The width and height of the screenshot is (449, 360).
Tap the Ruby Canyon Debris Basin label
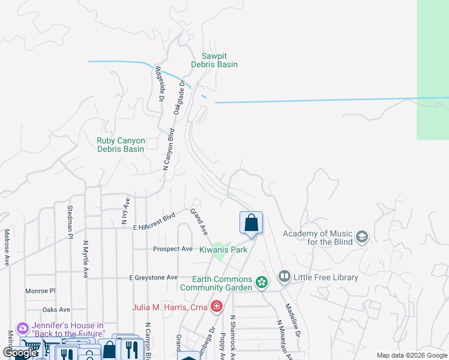[x=121, y=145]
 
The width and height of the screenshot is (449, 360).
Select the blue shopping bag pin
[x=252, y=223]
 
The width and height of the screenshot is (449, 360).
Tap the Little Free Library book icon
[x=285, y=277]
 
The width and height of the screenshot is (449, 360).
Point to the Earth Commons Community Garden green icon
[x=261, y=281]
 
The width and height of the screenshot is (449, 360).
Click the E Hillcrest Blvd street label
[x=154, y=221]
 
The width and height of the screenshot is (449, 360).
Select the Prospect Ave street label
[x=173, y=248]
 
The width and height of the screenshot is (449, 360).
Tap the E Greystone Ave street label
[x=154, y=277]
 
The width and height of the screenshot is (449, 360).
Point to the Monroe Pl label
[x=40, y=290]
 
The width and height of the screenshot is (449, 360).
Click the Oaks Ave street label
[x=56, y=310]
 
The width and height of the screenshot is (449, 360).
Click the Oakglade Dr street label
[x=178, y=97]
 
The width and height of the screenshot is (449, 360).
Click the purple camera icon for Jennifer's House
[x=23, y=329]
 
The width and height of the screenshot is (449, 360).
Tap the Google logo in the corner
[x=20, y=353]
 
